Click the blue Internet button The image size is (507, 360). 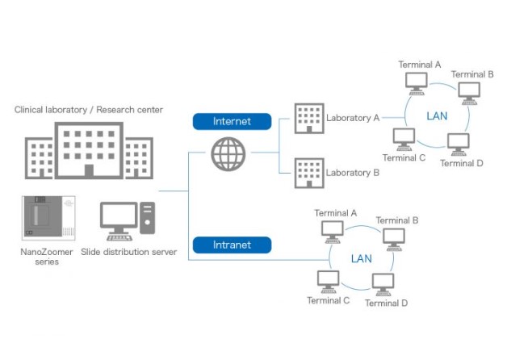(232, 121)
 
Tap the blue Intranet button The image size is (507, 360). (232, 245)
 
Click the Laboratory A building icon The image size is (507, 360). (308, 119)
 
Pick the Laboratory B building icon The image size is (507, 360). (308, 173)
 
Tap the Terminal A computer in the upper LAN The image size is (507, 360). (417, 82)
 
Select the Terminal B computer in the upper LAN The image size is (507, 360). (467, 91)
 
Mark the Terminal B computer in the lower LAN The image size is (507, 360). (393, 238)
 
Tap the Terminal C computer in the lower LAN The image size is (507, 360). (328, 281)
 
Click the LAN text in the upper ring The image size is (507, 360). (437, 116)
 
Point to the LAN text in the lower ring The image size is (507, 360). (362, 258)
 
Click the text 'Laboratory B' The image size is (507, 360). (353, 173)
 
